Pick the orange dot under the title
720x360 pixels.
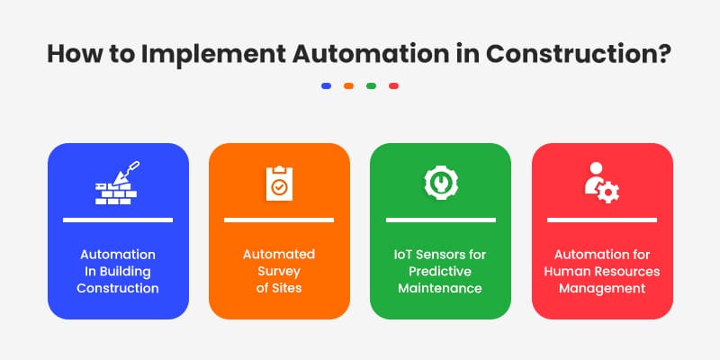coord(348,86)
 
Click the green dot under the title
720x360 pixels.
coord(371,86)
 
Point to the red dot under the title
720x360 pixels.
coord(393,86)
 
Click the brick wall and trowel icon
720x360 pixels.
coord(117,183)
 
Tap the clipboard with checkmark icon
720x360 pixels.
coord(279,183)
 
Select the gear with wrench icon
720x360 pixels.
coord(440,181)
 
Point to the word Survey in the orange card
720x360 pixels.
coord(279,272)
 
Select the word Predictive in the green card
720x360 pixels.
coord(440,272)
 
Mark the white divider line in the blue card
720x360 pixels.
coord(117,220)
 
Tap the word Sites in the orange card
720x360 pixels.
coord(286,289)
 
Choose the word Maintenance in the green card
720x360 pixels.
coord(440,289)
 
